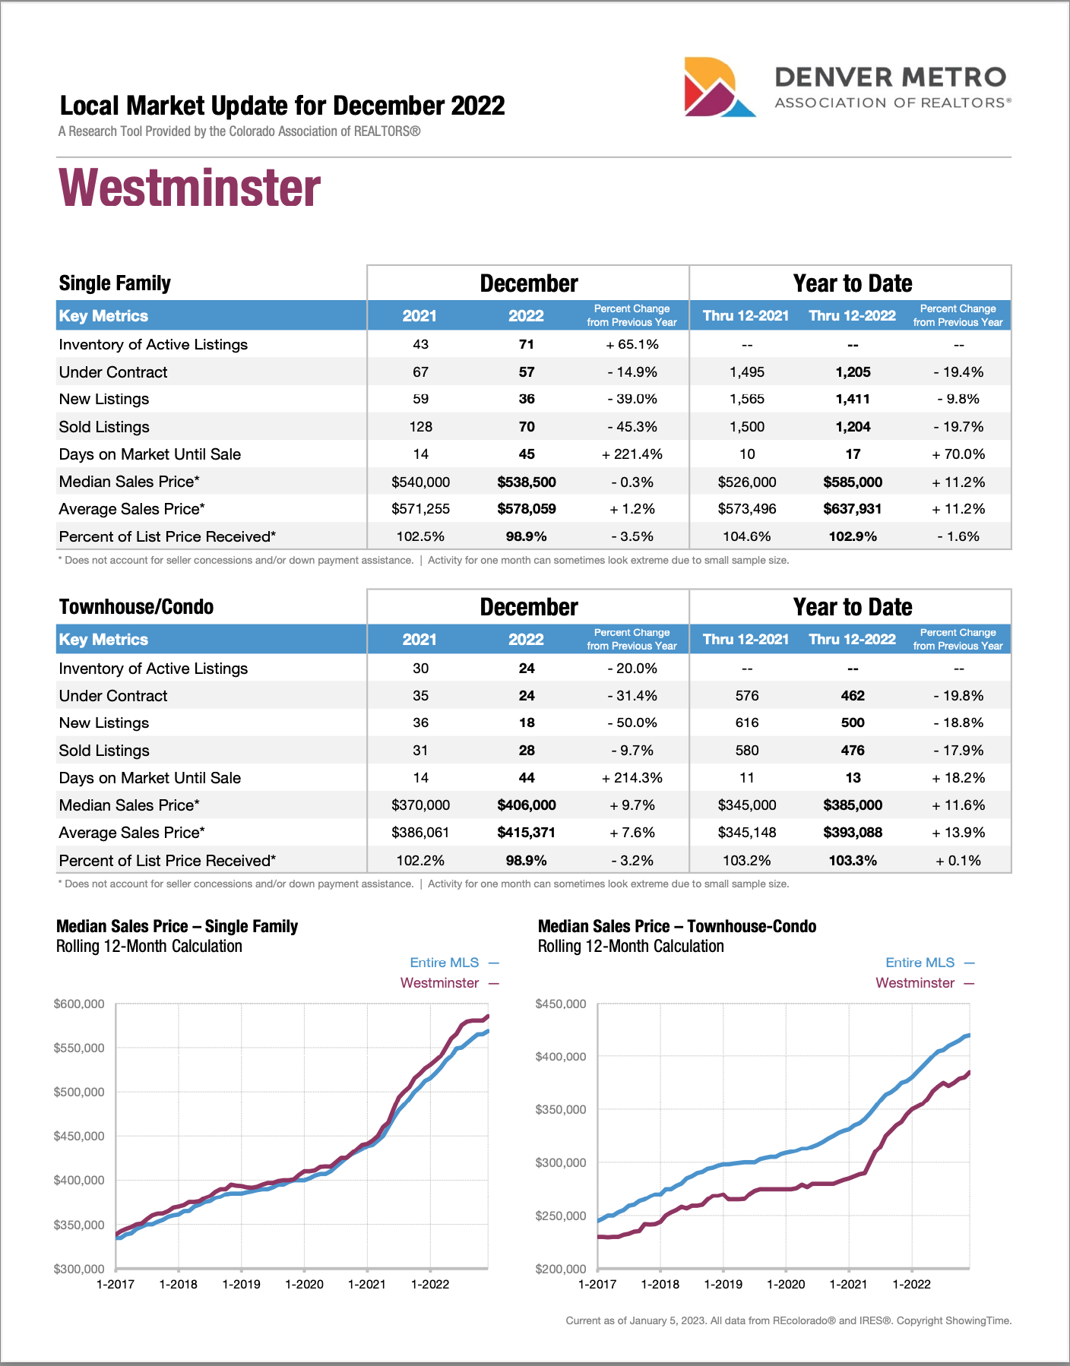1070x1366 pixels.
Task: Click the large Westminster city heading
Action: pos(190,188)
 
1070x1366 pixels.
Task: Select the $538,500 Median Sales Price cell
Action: pos(527,482)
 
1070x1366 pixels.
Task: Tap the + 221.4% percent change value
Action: pos(632,454)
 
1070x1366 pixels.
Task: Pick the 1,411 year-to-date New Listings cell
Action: pos(853,400)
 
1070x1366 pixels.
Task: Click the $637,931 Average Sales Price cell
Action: pos(853,509)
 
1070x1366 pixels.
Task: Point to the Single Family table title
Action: pos(115,283)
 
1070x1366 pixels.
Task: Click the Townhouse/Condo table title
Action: pos(136,607)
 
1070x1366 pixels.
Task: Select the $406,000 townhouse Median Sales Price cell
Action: pos(527,805)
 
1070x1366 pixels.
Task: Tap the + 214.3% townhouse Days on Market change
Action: pos(632,778)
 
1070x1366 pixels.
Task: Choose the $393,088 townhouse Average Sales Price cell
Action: pos(853,833)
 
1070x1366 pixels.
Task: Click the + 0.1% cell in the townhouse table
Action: pos(958,861)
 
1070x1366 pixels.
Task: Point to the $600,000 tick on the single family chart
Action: pos(79,1004)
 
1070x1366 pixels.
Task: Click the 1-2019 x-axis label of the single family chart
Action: pos(241,1285)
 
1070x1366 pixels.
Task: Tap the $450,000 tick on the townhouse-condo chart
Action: pos(561,1004)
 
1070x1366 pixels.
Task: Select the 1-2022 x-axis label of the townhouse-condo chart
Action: pos(911,1285)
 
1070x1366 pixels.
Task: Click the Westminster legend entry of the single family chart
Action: pos(440,983)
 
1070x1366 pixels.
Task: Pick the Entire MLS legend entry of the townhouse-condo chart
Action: pos(920,963)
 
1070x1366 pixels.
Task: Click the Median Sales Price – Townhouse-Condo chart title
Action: pos(677,927)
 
